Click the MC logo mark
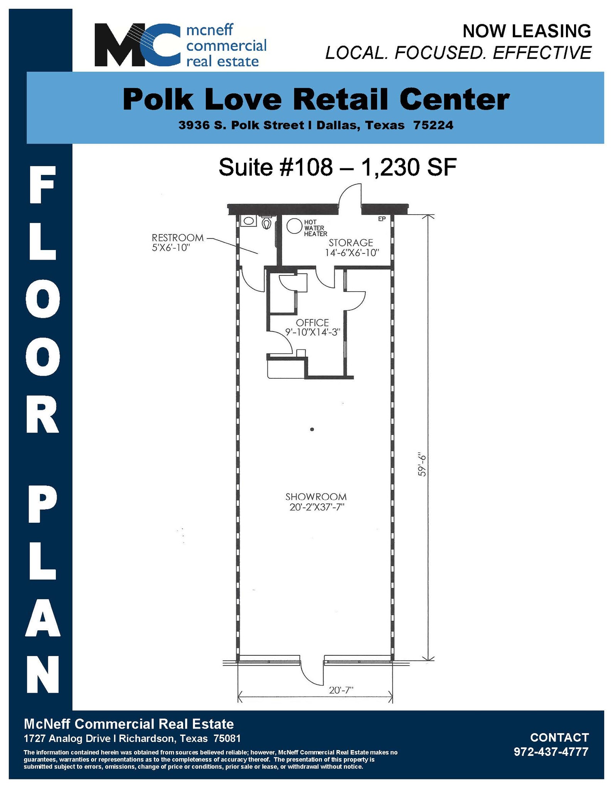coord(137,45)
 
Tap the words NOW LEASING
coord(526,31)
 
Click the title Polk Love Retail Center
coord(316,100)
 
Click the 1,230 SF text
coord(409,168)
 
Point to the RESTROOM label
coord(177,238)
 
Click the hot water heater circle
coord(294,226)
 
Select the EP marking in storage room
coord(382,219)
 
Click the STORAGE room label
coord(350,243)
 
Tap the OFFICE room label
coord(312,322)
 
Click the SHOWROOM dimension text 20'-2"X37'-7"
coord(317,507)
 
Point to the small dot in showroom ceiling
coord(312,429)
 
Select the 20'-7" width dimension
coord(341,690)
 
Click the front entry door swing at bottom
coord(311,672)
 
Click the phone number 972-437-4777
coord(551,752)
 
